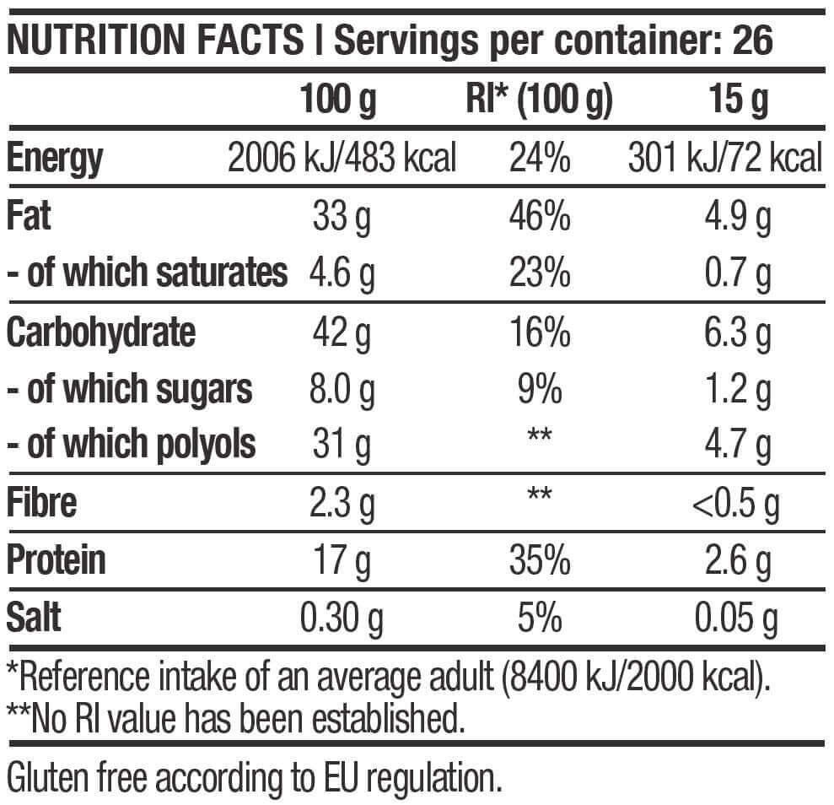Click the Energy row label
click(x=54, y=158)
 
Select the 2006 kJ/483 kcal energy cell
click(x=342, y=158)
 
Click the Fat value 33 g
click(x=342, y=217)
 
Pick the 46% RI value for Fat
click(x=540, y=217)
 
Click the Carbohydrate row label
click(x=100, y=332)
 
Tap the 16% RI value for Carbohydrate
click(x=540, y=332)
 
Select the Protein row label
click(x=56, y=559)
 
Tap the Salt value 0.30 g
click(x=342, y=619)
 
